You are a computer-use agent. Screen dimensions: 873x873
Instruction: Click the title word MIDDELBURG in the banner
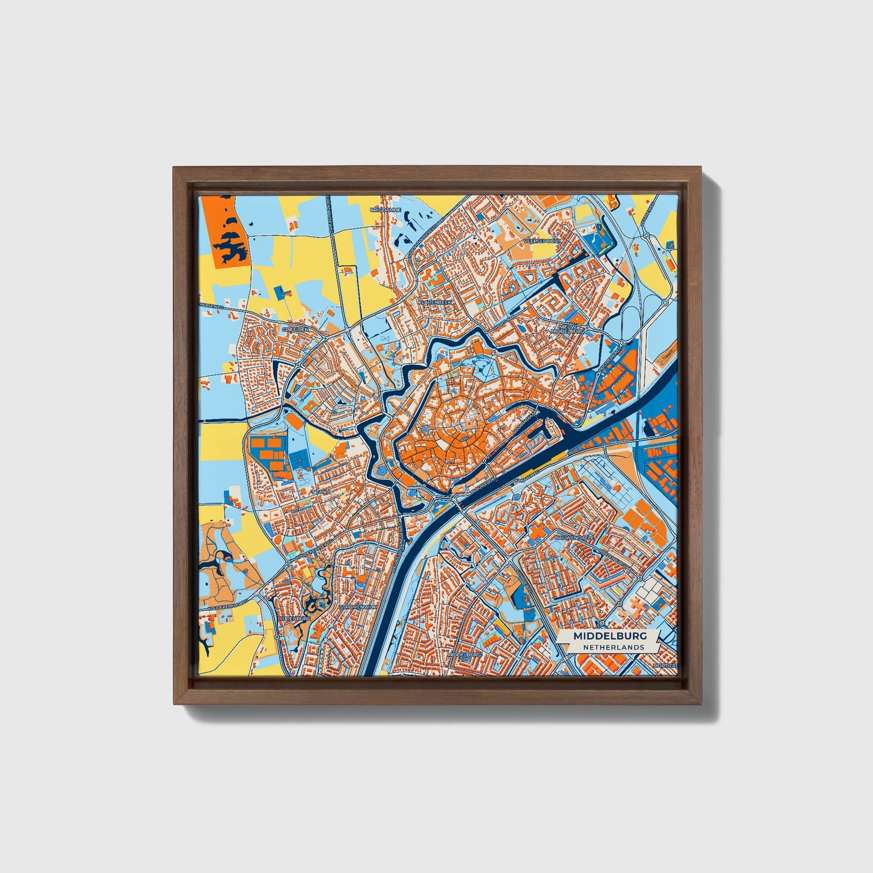[x=610, y=636]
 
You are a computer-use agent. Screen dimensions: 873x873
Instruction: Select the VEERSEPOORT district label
[x=542, y=240]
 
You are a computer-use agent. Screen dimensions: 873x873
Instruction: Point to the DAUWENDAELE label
[x=576, y=536]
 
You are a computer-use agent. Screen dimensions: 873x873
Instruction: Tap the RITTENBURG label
[x=295, y=619]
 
